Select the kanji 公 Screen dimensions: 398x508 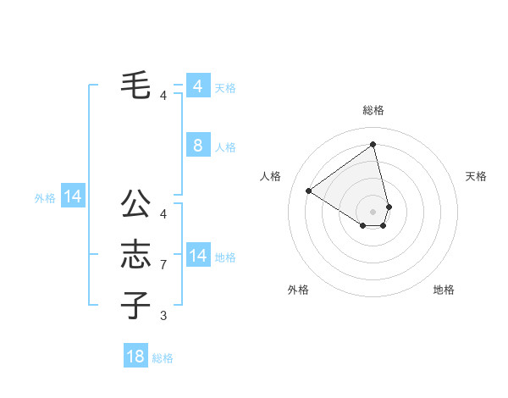(x=136, y=203)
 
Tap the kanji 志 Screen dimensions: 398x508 (x=136, y=254)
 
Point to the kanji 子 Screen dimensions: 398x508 (x=136, y=305)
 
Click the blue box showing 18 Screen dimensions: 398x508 (x=135, y=357)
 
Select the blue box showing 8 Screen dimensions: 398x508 (x=197, y=146)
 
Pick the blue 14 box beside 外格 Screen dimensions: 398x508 (x=73, y=197)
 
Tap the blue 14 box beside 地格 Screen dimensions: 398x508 (x=197, y=255)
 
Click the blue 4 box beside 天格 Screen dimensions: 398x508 (x=197, y=86)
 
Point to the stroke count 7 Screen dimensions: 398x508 (x=163, y=265)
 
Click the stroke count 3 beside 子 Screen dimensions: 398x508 (x=163, y=316)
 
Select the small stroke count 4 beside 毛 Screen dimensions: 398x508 (x=163, y=96)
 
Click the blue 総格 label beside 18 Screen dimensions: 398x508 (x=163, y=358)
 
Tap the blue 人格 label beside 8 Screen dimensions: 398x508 (x=225, y=147)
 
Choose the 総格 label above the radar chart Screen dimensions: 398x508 (x=373, y=110)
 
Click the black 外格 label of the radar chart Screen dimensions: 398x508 (x=298, y=290)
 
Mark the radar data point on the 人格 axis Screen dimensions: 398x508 (x=309, y=191)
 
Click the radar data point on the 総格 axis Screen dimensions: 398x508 (x=373, y=144)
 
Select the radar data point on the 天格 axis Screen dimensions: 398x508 (x=389, y=206)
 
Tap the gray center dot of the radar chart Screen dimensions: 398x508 (x=373, y=211)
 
